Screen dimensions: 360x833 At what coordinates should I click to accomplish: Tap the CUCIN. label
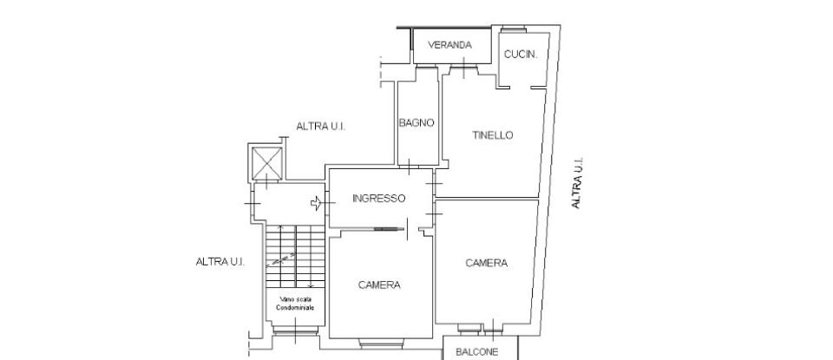tap(521, 54)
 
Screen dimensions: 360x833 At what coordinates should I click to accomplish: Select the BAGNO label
tap(416, 123)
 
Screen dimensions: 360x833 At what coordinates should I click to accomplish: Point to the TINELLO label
tap(493, 135)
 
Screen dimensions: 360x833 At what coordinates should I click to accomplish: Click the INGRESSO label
tap(378, 199)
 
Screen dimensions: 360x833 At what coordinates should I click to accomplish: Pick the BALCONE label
tap(476, 351)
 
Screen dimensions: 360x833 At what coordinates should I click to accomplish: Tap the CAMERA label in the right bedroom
tap(486, 264)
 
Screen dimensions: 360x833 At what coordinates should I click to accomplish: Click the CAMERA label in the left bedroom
tap(379, 285)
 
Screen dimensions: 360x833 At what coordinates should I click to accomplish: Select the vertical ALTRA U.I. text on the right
tap(576, 183)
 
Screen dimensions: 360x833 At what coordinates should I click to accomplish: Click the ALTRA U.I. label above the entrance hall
tap(321, 127)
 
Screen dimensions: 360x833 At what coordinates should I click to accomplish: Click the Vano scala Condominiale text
tap(296, 303)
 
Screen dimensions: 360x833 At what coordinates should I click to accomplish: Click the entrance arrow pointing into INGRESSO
tap(318, 204)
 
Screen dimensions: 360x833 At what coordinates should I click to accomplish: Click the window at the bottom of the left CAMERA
tap(379, 344)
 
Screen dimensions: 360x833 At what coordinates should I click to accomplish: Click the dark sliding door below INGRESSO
tap(390, 229)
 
